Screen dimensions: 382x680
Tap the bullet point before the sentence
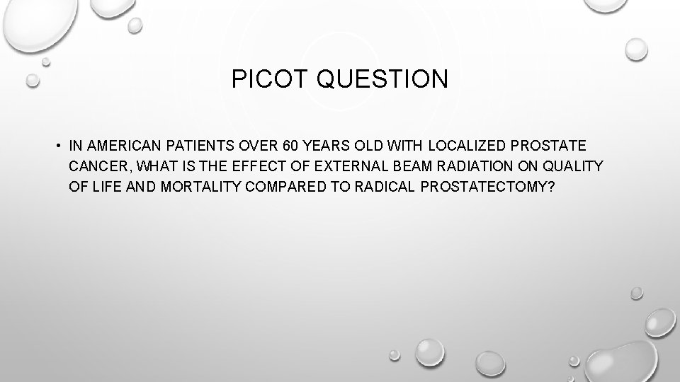click(55, 146)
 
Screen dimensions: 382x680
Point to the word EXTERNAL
click(333, 166)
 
